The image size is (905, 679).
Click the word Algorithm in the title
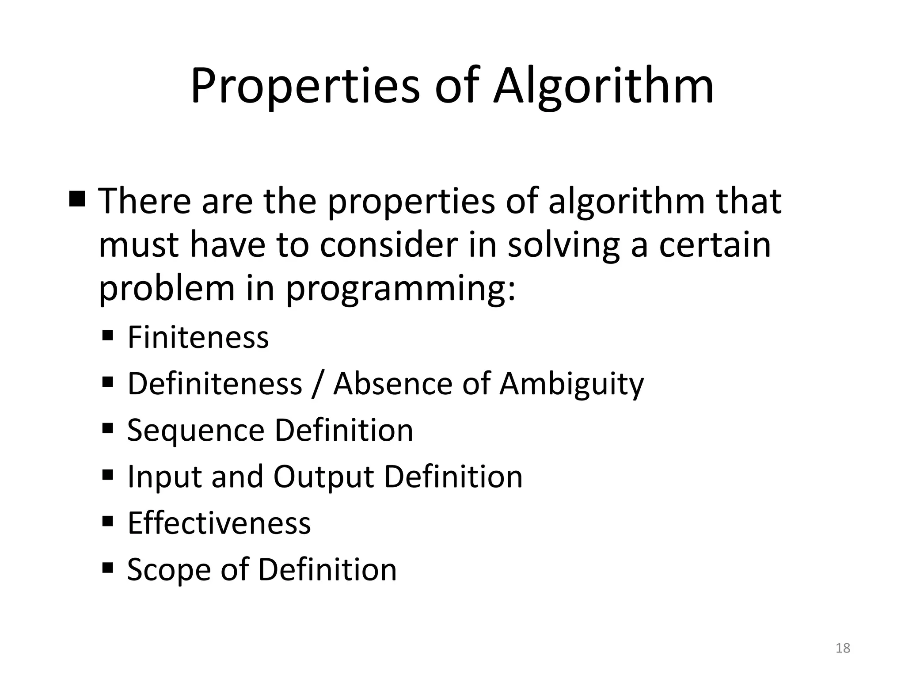(x=603, y=86)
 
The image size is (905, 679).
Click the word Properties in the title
(x=305, y=86)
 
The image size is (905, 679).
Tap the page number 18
(x=843, y=648)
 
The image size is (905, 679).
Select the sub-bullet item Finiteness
(x=198, y=337)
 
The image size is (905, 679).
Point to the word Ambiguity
(x=571, y=384)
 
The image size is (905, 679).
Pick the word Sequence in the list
(x=195, y=431)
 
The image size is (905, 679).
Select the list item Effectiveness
(x=219, y=523)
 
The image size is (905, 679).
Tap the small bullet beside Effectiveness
(x=108, y=520)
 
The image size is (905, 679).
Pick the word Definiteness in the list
(x=215, y=384)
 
